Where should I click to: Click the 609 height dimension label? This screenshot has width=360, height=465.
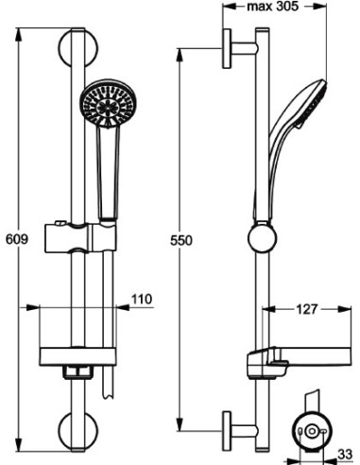[13, 240]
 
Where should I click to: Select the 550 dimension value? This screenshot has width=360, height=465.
[182, 240]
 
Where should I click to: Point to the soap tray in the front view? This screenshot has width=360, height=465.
[77, 356]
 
